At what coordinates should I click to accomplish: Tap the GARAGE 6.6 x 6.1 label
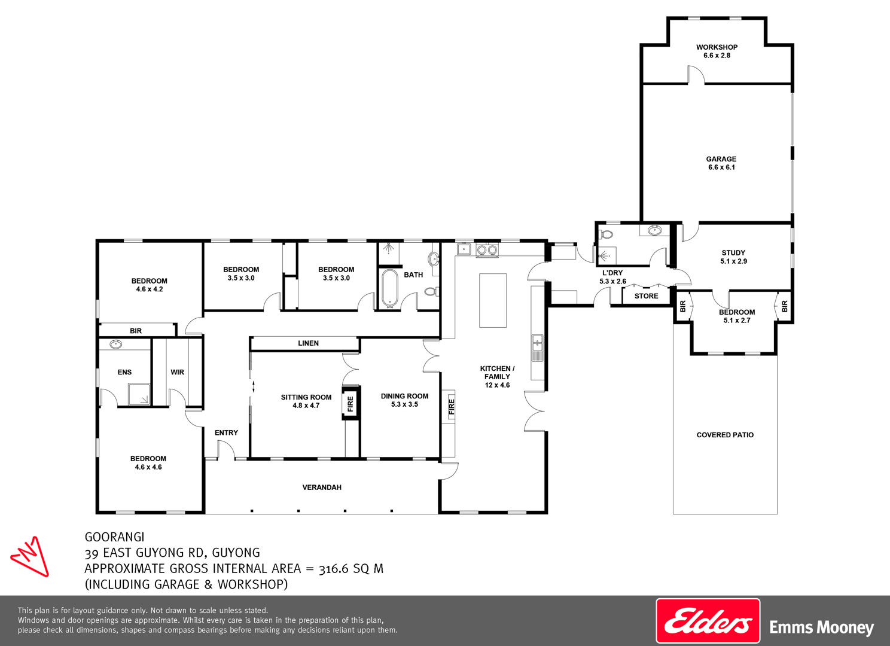(x=721, y=163)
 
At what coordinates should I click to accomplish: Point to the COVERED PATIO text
(x=725, y=435)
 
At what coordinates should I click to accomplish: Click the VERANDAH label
(x=322, y=487)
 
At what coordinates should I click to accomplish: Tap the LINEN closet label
(x=308, y=343)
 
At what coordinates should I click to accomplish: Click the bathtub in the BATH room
(x=390, y=289)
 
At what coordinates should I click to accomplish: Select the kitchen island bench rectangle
(x=493, y=300)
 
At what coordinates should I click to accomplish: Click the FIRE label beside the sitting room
(x=350, y=404)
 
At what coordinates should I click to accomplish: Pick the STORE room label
(x=647, y=296)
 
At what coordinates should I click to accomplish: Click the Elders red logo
(x=708, y=621)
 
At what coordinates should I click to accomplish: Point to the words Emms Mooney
(x=822, y=627)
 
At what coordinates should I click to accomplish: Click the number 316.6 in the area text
(x=334, y=568)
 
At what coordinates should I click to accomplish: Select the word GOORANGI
(x=114, y=537)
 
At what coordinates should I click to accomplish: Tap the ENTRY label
(x=226, y=432)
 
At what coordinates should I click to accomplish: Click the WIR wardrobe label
(x=177, y=372)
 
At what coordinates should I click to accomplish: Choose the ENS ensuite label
(x=124, y=372)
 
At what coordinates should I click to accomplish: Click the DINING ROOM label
(x=404, y=400)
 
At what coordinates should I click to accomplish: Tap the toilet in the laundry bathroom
(x=606, y=234)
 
